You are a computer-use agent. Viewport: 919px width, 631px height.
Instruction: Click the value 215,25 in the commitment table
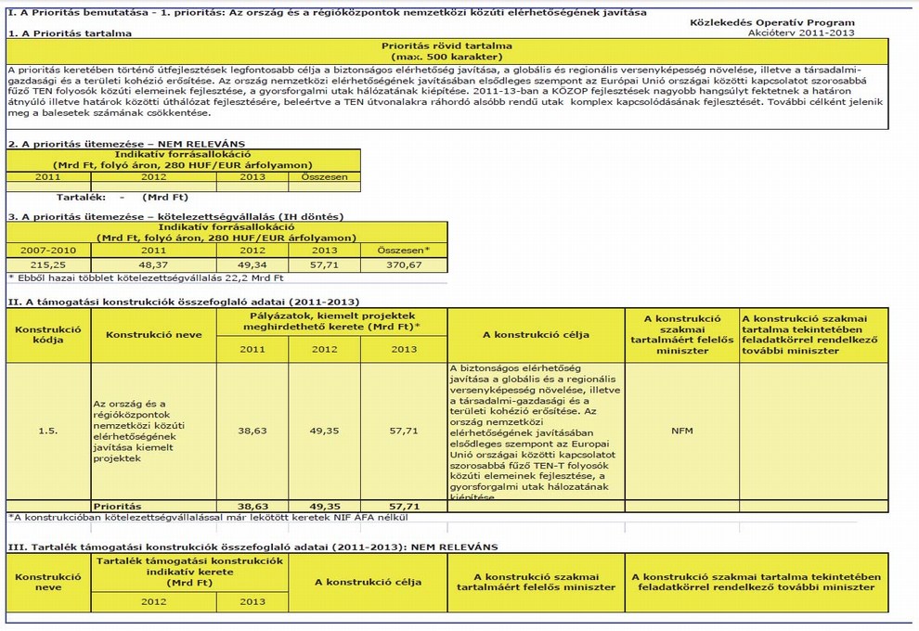point(47,264)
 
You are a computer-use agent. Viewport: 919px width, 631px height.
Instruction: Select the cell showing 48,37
point(153,264)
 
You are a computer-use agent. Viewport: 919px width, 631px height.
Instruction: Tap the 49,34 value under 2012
point(252,264)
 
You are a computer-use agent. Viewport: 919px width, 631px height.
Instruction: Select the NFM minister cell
point(682,430)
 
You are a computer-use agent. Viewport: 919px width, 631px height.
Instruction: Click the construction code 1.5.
point(48,430)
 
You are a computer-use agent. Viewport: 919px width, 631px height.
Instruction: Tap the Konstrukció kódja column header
point(48,334)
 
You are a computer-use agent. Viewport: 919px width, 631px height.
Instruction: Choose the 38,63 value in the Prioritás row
point(252,507)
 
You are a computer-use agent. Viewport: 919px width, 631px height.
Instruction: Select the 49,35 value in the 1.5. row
point(324,430)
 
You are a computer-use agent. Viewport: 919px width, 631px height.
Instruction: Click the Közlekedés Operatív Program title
point(776,21)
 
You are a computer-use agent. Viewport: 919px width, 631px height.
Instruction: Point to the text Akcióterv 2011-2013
point(801,32)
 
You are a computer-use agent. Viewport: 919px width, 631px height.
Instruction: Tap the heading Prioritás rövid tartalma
point(447,45)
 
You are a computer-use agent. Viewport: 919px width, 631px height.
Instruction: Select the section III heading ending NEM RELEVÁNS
point(252,547)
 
